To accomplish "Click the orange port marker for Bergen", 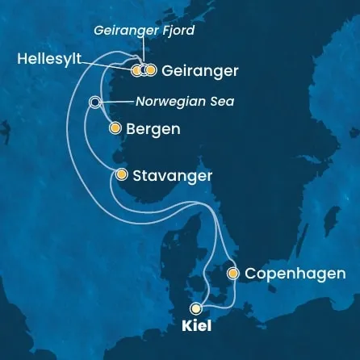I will (x=115, y=128).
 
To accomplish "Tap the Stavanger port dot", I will (x=121, y=174).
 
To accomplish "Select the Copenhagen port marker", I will (x=232, y=274).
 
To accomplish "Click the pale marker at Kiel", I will (x=195, y=308).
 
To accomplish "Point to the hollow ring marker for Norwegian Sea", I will (x=95, y=103).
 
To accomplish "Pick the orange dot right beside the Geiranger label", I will (x=151, y=70).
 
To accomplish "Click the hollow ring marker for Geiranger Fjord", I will (x=143, y=70).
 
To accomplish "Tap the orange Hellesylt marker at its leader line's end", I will (x=135, y=70).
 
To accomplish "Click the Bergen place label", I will (x=153, y=129).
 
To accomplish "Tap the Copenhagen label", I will (x=295, y=274).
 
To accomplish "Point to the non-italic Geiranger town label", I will (x=199, y=71).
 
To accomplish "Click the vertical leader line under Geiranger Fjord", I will (x=143, y=54).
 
